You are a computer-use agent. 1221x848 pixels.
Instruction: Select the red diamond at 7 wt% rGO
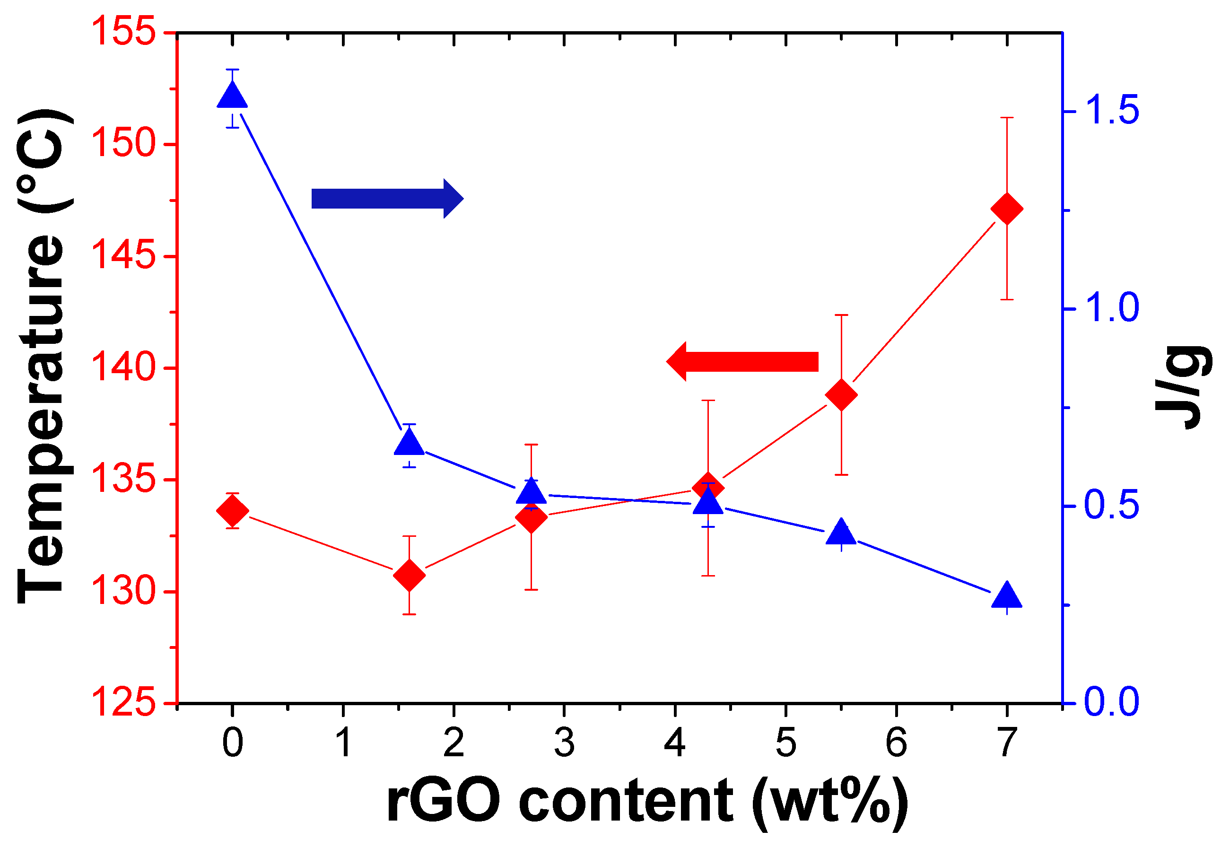pos(1006,209)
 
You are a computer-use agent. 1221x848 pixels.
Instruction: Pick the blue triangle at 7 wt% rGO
pos(1006,595)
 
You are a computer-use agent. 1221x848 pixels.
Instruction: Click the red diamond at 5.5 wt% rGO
pos(841,395)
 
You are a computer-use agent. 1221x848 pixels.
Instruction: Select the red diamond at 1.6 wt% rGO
pos(409,575)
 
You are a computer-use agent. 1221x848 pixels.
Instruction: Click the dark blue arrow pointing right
pos(387,199)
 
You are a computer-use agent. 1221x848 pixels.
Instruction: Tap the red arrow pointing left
pos(742,361)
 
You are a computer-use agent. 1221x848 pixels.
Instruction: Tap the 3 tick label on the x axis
pos(564,743)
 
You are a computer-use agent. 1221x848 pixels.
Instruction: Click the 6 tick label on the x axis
pos(896,743)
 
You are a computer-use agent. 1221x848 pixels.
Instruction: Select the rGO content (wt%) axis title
pos(647,802)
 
